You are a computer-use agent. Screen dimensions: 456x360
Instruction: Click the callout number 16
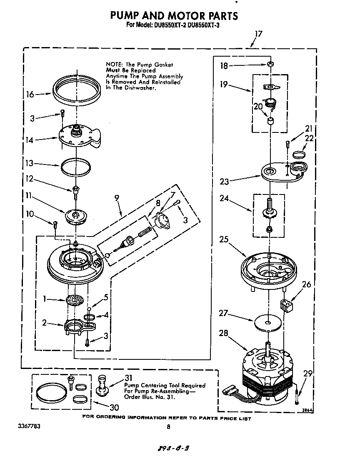[30, 95]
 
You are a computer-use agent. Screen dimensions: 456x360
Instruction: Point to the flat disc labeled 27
[269, 323]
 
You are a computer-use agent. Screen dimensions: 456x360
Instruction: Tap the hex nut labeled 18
[270, 65]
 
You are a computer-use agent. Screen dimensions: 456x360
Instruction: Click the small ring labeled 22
[299, 154]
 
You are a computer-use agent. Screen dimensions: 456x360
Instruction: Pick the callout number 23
[225, 181]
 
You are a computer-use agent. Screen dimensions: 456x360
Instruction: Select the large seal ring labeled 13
[76, 167]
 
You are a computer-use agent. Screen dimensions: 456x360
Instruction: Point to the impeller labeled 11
[75, 216]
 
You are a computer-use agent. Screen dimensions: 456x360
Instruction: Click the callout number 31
[129, 378]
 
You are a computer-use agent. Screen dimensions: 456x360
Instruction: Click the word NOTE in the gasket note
[114, 65]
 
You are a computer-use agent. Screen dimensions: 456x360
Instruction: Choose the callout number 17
[258, 34]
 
